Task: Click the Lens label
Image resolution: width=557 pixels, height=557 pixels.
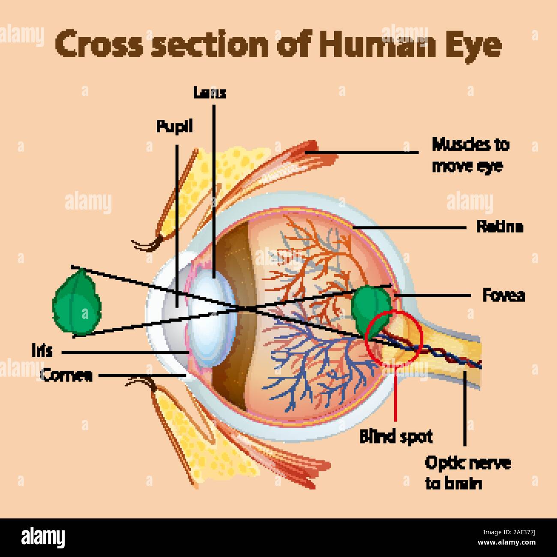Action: [210, 93]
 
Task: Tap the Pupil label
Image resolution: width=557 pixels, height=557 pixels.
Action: [174, 126]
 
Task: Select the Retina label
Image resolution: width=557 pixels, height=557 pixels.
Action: [500, 227]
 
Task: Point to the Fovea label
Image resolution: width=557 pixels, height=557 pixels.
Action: [503, 295]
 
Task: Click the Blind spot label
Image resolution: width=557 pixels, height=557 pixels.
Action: [396, 437]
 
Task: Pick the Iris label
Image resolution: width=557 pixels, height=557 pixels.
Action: [42, 350]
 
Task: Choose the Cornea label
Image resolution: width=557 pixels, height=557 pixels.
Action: [66, 375]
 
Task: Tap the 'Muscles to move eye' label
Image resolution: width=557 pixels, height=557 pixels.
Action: [470, 155]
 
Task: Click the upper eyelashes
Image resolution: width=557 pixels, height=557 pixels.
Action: [148, 245]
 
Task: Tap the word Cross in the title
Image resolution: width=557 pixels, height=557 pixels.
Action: [98, 45]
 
